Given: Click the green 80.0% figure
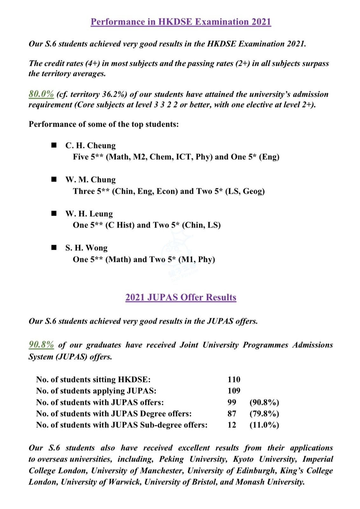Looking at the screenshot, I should (x=41, y=94).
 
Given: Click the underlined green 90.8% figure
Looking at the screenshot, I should (x=41, y=345).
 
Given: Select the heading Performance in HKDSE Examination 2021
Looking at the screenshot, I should (x=181, y=22).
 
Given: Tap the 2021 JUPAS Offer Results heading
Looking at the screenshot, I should (x=181, y=297).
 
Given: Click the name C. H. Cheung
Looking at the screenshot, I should (x=90, y=145).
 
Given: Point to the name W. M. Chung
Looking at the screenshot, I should (x=90, y=180).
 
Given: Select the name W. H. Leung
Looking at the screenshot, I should (x=89, y=214).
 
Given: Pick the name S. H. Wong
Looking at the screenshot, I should (x=87, y=248).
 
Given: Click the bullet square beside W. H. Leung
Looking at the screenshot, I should (x=54, y=213).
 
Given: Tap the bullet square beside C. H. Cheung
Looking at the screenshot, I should (x=54, y=145).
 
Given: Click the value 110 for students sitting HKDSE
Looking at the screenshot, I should (x=234, y=379).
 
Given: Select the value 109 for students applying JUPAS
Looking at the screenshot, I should (x=234, y=391).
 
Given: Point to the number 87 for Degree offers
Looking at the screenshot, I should (x=232, y=414).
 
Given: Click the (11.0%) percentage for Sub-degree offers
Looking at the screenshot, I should (x=264, y=425).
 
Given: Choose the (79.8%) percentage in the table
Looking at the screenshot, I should (x=264, y=414).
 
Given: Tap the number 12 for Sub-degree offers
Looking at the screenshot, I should (x=232, y=425).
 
